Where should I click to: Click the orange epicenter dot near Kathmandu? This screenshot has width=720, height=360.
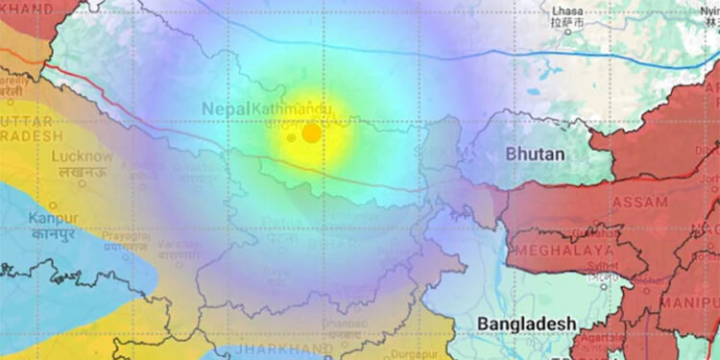click(311, 133)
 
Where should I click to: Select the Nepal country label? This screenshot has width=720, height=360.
click(226, 109)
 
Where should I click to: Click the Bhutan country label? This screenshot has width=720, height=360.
click(535, 154)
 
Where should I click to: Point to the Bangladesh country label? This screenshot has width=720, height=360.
click(528, 322)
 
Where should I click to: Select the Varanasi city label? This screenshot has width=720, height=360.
click(179, 245)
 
